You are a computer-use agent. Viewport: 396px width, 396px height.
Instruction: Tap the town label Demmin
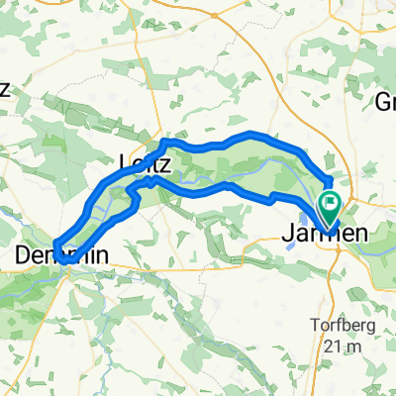coord(61,255)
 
